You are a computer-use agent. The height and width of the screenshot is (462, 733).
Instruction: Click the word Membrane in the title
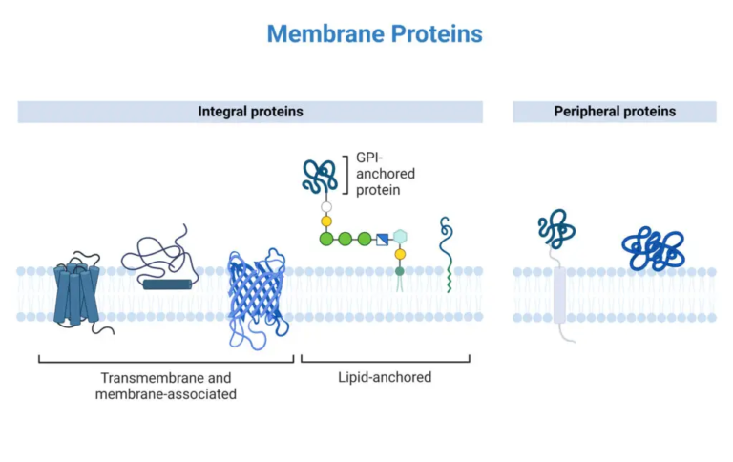click(x=319, y=34)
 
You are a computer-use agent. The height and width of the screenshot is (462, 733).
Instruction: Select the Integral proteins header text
click(x=250, y=112)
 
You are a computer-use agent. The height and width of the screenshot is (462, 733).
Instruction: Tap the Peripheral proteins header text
click(x=615, y=112)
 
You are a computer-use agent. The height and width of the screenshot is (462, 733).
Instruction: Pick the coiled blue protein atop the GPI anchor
click(x=320, y=175)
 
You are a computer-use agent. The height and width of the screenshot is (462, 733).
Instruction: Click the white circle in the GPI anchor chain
click(x=326, y=205)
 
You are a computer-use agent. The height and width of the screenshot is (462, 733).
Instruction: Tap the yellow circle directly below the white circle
click(x=326, y=221)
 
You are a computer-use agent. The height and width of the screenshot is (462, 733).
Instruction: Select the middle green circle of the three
click(x=345, y=238)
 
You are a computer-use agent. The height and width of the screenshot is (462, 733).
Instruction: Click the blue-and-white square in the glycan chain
click(x=382, y=238)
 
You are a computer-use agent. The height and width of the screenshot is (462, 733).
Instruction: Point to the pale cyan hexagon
click(x=401, y=237)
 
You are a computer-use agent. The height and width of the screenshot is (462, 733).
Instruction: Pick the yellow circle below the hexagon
click(x=401, y=255)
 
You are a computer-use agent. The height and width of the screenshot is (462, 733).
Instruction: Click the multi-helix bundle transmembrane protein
click(x=76, y=293)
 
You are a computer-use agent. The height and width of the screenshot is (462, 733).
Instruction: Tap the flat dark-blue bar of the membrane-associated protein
click(x=167, y=283)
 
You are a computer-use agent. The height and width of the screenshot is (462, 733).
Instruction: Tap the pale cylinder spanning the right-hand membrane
click(x=560, y=294)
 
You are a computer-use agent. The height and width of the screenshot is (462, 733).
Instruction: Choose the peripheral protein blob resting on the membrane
click(x=655, y=249)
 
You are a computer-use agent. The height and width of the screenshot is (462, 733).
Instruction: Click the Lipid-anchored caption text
click(x=385, y=377)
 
